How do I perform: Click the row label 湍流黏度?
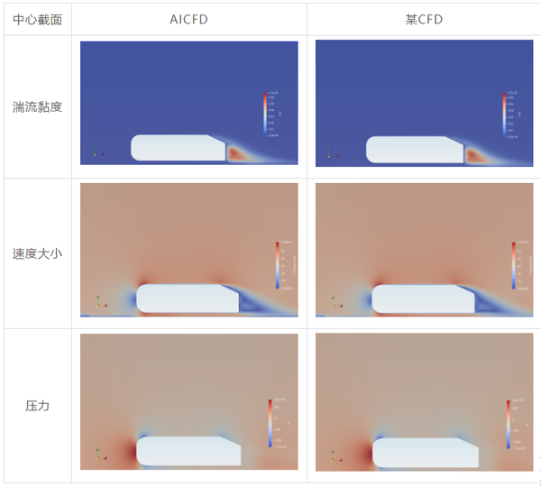pos(37,107)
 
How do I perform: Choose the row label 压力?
pos(37,406)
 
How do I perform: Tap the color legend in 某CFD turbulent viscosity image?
pos(504,114)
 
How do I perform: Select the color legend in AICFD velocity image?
pos(279,264)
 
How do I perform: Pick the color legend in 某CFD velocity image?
pos(514,264)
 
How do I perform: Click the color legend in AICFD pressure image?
pos(270,423)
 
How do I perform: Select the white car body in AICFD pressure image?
pos(185,450)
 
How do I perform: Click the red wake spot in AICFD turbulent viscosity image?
pos(236,154)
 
